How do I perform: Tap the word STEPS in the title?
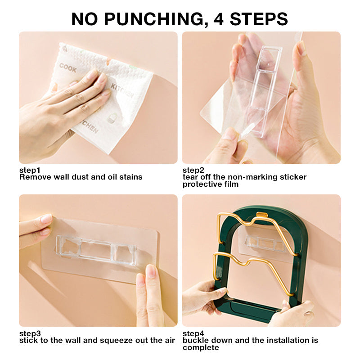pos(259,19)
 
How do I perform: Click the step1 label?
pos(30,170)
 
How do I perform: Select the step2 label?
pos(193,170)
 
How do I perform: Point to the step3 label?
pos(30,333)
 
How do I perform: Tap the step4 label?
pos(193,333)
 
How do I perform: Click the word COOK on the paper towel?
pos(68,68)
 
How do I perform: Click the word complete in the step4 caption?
pos(201,348)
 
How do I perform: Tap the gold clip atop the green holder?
pos(262,215)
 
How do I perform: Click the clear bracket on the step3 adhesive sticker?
pos(96,250)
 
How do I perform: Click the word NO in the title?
pos(85,19)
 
